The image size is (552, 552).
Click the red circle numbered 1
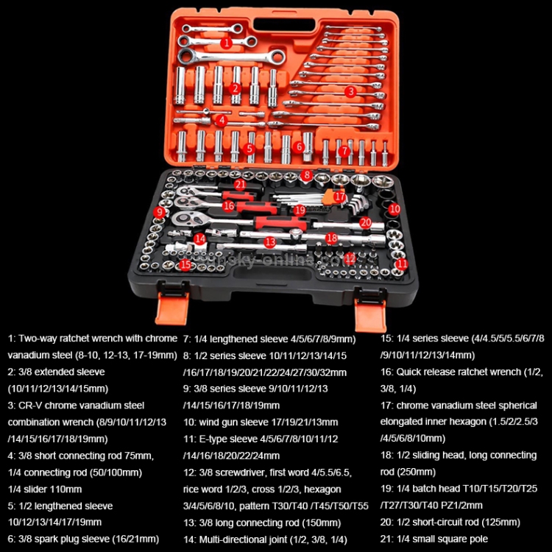(227, 43)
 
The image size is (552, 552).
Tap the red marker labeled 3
(351, 92)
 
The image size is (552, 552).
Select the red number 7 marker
(343, 150)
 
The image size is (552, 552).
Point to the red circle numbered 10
(394, 209)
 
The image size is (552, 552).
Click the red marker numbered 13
(270, 241)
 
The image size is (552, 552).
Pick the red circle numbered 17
(339, 197)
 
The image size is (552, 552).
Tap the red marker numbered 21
(240, 184)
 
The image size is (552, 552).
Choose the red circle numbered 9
(159, 212)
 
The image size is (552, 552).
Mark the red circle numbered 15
(185, 263)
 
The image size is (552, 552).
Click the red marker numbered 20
(365, 222)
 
